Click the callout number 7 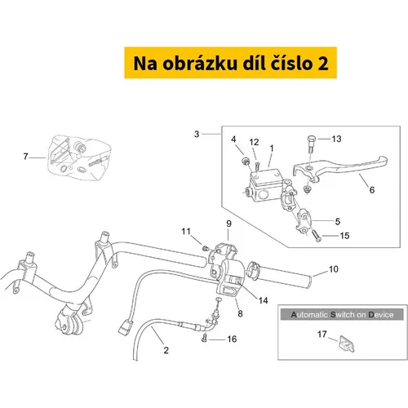pos(25,157)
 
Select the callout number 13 pos(336,139)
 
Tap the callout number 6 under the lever pos(372,190)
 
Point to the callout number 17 pos(322,334)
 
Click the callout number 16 pos(232,339)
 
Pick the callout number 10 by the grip pos(334,269)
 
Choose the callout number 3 pos(197,134)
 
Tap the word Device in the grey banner pos(381,315)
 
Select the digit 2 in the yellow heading pos(322,64)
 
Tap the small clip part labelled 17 pos(347,344)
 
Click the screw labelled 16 pos(205,338)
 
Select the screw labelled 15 pos(317,236)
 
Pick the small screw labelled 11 pos(206,248)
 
